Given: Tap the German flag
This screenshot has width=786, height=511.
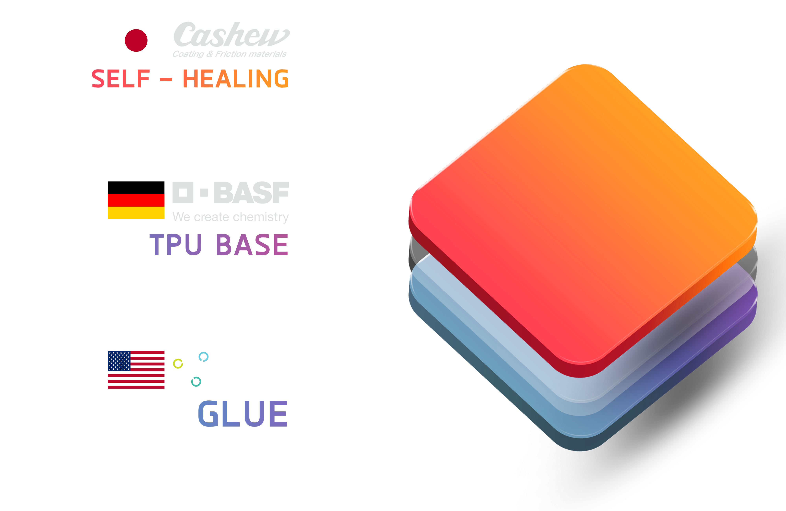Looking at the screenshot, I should click(136, 207).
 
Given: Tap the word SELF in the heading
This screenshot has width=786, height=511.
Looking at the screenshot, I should click(120, 79).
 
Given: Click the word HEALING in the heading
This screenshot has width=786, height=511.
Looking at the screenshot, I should click(235, 79).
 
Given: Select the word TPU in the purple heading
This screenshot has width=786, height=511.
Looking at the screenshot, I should click(176, 245).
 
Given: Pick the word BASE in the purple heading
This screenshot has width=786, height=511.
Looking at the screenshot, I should click(252, 245).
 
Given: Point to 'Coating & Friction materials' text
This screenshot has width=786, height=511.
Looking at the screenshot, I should click(230, 54).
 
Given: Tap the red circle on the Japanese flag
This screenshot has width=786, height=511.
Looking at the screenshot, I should click(136, 40).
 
